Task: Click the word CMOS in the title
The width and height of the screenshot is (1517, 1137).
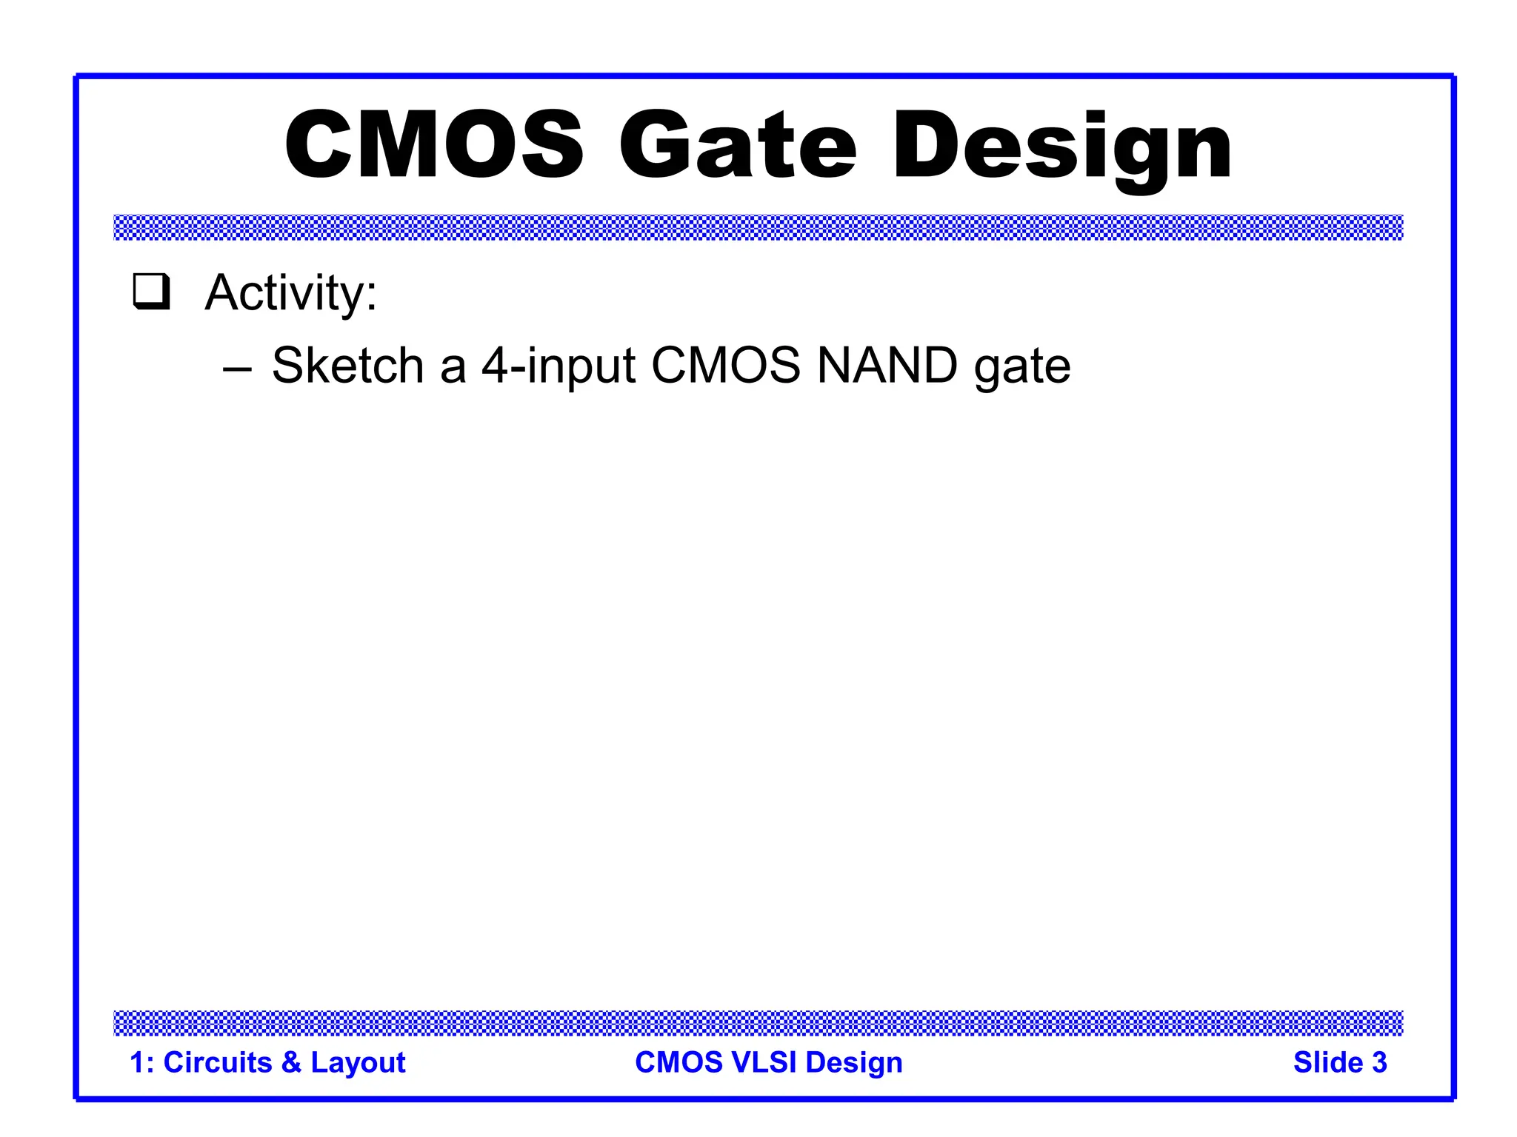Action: (x=434, y=145)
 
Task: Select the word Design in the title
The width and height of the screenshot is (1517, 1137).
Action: (x=1063, y=145)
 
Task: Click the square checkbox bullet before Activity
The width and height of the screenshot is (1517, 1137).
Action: (x=151, y=292)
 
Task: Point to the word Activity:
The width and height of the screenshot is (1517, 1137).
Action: (x=291, y=293)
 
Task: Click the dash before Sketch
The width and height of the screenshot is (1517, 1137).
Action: (x=237, y=366)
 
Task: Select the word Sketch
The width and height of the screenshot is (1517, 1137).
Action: (x=347, y=365)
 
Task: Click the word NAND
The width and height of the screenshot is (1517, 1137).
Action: (x=887, y=365)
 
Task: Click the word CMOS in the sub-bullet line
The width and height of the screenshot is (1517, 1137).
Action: (x=725, y=365)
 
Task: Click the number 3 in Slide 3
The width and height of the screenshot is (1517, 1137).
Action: (x=1379, y=1062)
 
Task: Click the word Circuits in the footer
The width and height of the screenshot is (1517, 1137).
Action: (x=218, y=1062)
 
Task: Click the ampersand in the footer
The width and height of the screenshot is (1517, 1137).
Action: (x=291, y=1062)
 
